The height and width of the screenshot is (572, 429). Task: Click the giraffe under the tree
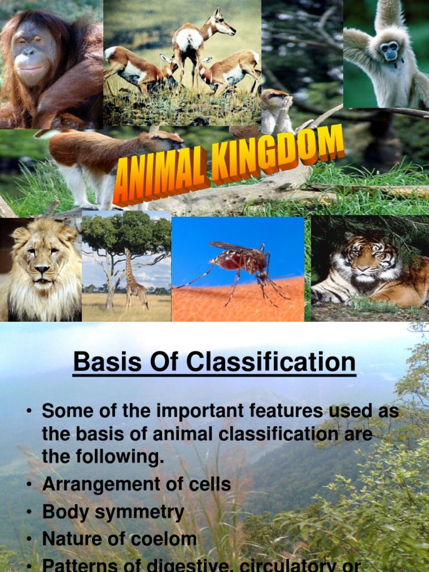135,282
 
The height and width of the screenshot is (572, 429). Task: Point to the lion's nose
42,270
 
